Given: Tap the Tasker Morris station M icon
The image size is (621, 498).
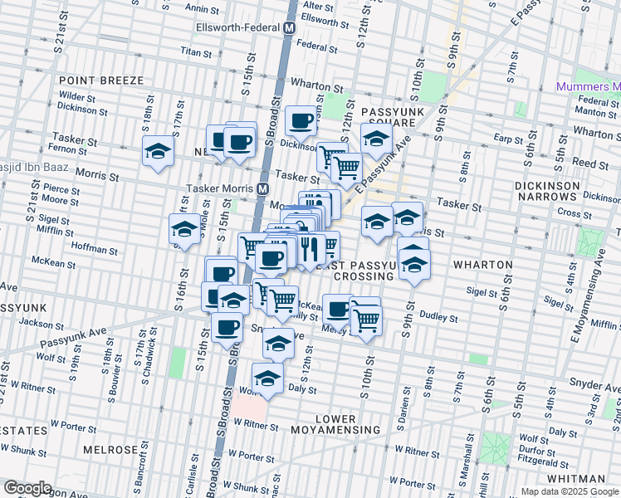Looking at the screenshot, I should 262,188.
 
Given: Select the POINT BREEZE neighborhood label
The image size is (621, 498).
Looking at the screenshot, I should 101,81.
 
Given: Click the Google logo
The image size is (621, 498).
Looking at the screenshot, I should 27,487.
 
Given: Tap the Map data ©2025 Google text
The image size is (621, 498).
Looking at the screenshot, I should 569,491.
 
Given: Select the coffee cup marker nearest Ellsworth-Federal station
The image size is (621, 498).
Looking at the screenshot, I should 301,120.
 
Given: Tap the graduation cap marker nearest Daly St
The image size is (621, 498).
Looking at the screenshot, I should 267,378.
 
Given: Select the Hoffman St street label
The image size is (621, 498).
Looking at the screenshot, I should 95,248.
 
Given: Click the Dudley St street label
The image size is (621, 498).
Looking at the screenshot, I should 441,317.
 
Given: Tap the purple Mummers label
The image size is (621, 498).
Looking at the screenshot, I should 589,87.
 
